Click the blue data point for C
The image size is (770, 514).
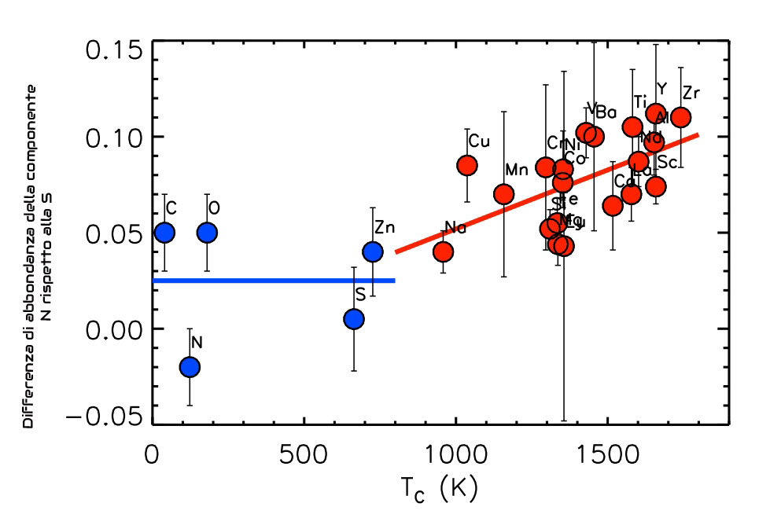click(164, 233)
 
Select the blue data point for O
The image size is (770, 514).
click(207, 233)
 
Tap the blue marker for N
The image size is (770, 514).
click(190, 366)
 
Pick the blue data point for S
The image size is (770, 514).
click(354, 318)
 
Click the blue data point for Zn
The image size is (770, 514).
click(372, 251)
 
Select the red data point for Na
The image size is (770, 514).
click(443, 251)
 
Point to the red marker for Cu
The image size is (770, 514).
click(467, 165)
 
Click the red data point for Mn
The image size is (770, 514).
click(504, 193)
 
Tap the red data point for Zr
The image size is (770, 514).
click(681, 117)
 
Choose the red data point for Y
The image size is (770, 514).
click(656, 113)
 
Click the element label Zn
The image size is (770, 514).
click(385, 228)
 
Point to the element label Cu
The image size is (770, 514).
click(479, 141)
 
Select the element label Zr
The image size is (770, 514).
click(691, 94)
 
